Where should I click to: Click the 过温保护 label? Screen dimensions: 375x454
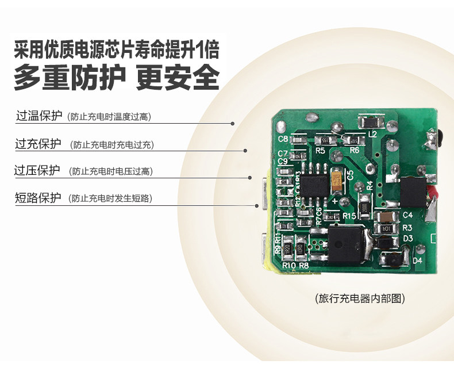(x=39, y=116)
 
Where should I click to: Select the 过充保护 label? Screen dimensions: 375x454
(x=38, y=144)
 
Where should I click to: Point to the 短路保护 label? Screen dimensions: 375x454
(x=38, y=198)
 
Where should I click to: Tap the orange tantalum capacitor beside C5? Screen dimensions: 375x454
(x=337, y=179)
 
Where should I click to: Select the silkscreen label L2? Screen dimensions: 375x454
(x=372, y=134)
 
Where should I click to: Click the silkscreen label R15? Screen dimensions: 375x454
(x=349, y=216)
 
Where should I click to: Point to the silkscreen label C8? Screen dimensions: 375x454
(x=283, y=139)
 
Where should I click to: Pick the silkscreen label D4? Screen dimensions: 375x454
(x=418, y=261)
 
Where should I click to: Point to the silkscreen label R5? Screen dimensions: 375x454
(x=320, y=150)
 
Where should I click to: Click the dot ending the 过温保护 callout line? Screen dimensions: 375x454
(x=233, y=123)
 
